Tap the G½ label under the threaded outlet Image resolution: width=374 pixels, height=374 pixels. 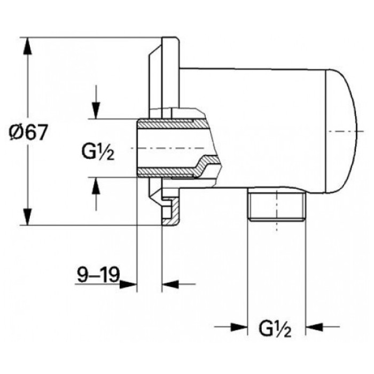(275, 328)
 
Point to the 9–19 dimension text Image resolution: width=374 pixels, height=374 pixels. (97, 276)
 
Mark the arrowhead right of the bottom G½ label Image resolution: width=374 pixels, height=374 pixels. (313, 325)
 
